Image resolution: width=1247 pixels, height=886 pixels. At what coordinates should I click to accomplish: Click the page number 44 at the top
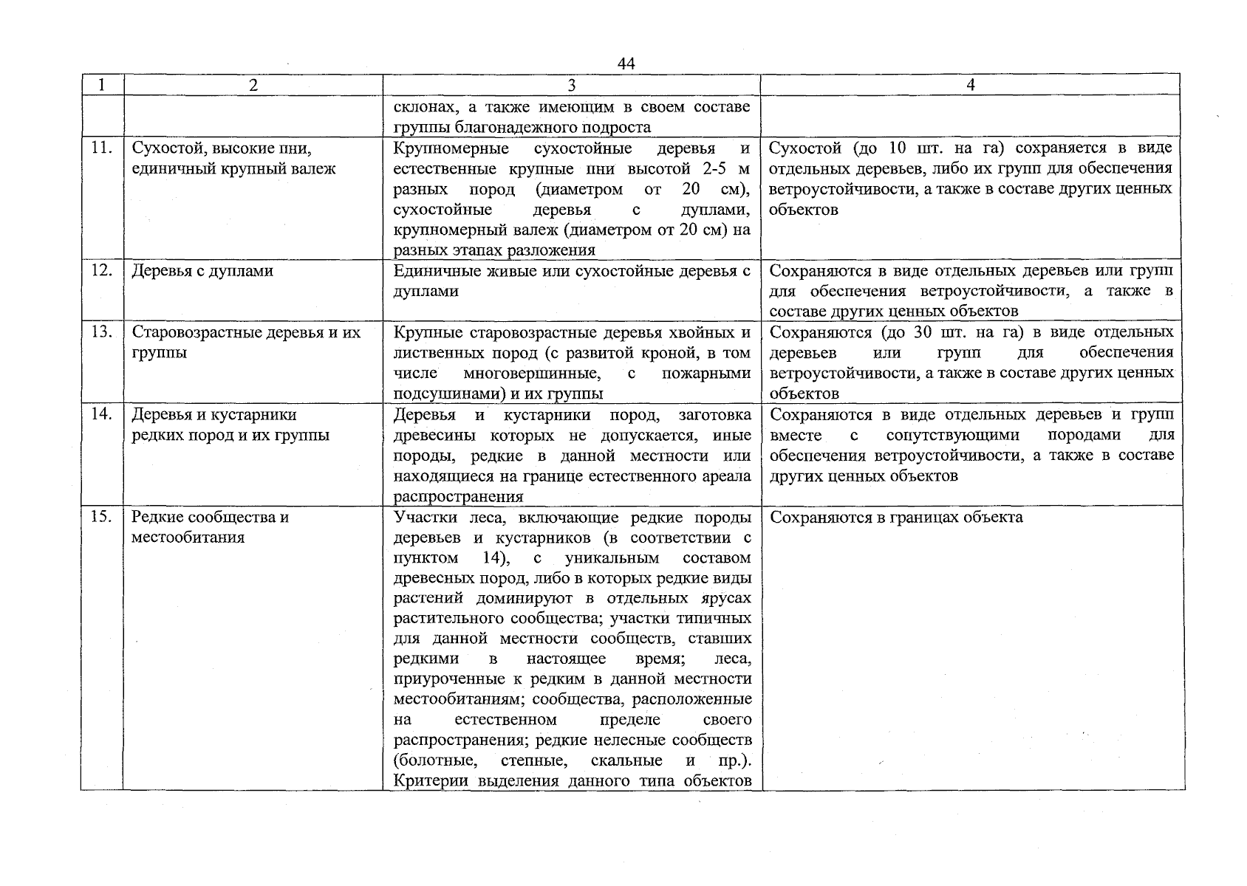[626, 64]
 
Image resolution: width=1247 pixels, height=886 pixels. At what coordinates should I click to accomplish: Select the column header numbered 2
[253, 85]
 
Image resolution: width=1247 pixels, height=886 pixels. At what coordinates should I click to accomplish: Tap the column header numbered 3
[571, 85]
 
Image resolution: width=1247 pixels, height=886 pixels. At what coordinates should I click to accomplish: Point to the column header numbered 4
[971, 85]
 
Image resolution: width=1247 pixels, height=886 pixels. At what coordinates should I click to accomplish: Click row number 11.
[101, 148]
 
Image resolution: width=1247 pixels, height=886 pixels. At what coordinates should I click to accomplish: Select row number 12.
[101, 270]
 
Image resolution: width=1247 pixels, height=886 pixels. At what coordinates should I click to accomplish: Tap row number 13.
[101, 332]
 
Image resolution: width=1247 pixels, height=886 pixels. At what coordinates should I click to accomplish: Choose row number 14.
[101, 414]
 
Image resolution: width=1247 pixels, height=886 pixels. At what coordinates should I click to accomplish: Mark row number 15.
[101, 516]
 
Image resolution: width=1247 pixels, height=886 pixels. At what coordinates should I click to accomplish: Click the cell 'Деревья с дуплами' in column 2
[202, 271]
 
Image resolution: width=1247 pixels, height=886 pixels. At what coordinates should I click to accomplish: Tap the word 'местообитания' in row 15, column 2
[188, 538]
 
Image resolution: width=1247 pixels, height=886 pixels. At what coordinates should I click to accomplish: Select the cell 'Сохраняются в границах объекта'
[896, 517]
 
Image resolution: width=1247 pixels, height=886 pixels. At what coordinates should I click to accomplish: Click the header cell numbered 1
[102, 85]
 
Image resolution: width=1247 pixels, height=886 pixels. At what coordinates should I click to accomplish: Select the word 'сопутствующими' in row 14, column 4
[952, 435]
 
